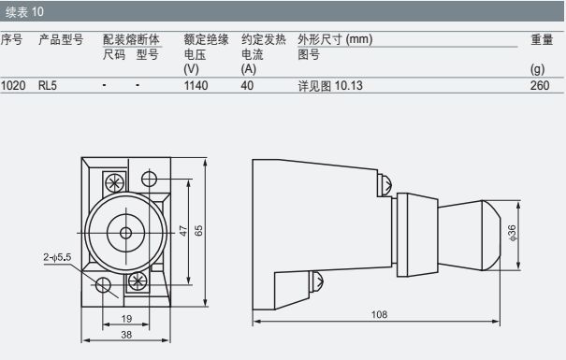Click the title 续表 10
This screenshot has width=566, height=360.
[x=24, y=12]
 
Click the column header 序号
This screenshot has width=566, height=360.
[x=11, y=39]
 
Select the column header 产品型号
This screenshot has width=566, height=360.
[x=61, y=39]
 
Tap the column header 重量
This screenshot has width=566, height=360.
[x=542, y=39]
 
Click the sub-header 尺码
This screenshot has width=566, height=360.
[x=114, y=54]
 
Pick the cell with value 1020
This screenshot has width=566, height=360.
[x=13, y=86]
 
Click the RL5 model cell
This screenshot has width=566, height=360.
[x=48, y=86]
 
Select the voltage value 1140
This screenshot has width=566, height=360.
[x=196, y=86]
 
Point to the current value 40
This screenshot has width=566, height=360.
[x=247, y=86]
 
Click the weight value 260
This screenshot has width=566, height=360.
[x=540, y=86]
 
